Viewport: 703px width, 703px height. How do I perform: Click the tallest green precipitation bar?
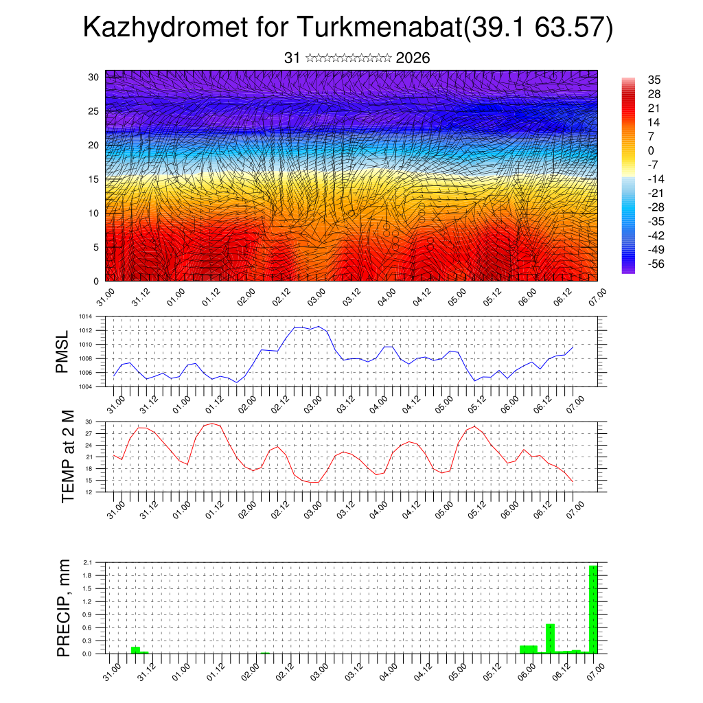[x=593, y=609]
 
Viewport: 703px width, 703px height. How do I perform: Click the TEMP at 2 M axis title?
[x=67, y=456]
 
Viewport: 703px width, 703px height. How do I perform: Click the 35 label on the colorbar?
[x=654, y=80]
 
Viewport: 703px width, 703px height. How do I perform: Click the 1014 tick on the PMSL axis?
[x=85, y=316]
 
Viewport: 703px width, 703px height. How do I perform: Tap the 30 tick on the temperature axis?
[x=89, y=422]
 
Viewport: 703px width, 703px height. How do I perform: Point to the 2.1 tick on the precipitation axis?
[x=87, y=562]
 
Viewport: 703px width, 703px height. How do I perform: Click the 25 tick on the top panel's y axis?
[x=93, y=111]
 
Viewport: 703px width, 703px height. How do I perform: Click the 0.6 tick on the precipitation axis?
[x=87, y=627]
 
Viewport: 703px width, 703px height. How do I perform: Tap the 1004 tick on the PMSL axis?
[x=85, y=387]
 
